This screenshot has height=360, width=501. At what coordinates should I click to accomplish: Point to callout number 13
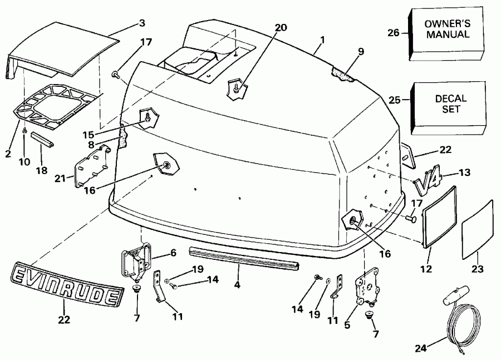coord(464,172)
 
